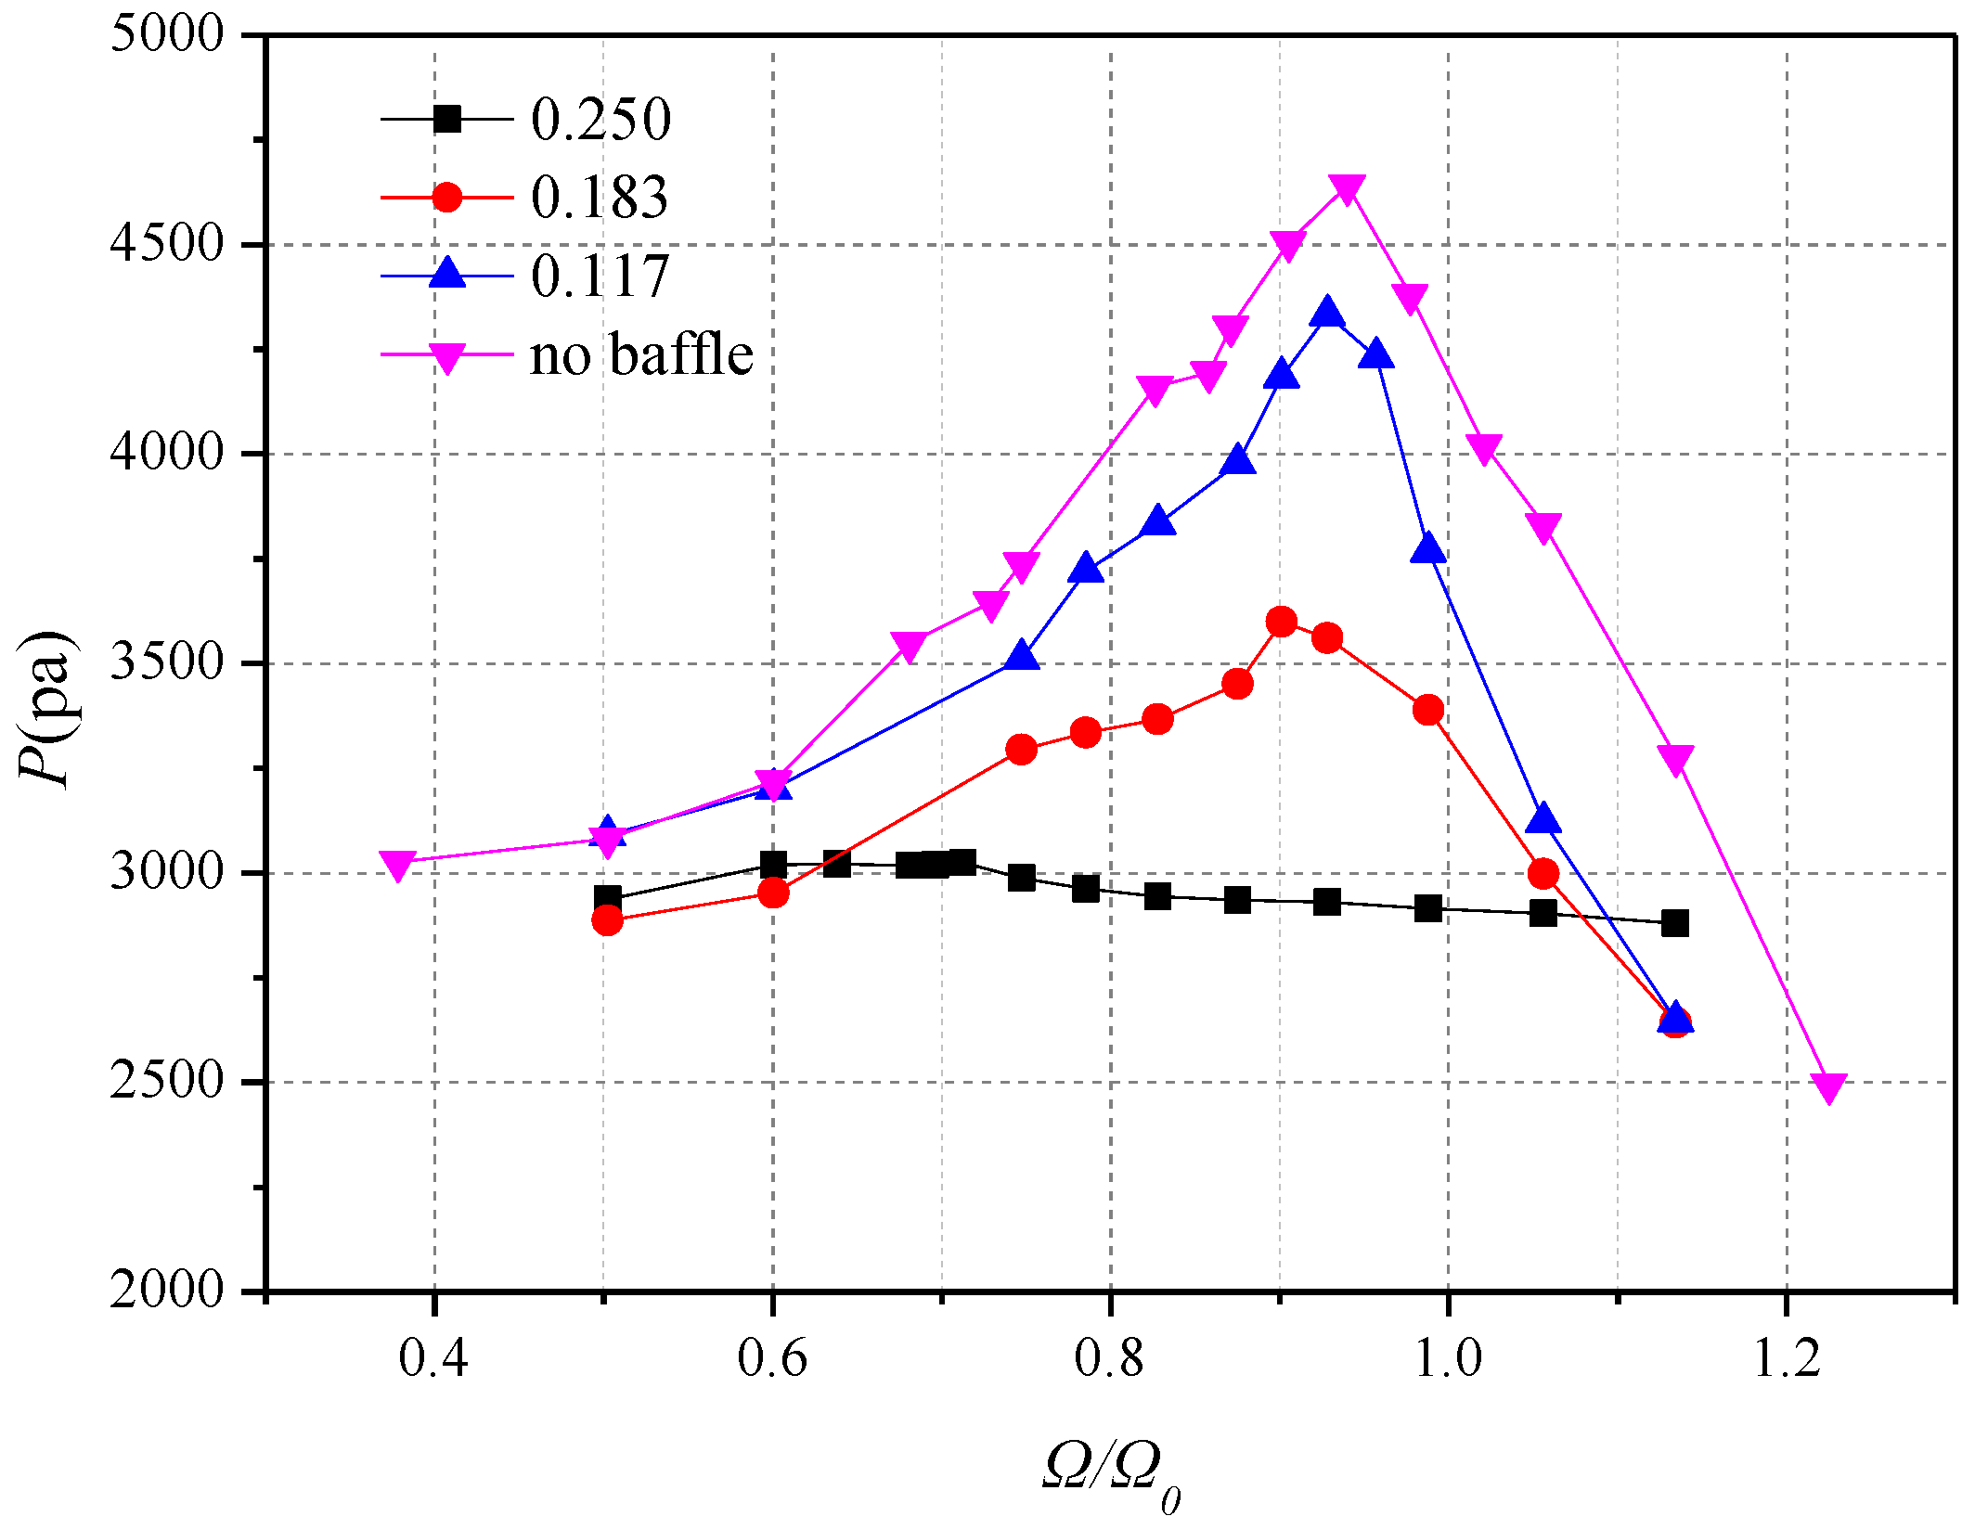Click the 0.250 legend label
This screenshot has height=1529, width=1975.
(600, 120)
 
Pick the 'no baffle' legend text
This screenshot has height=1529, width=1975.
(640, 354)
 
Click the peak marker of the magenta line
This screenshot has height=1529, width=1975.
(1347, 189)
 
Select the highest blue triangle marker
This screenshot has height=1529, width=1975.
(1327, 313)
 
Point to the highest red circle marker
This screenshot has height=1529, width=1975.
(1281, 622)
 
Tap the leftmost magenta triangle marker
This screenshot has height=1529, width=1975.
(397, 866)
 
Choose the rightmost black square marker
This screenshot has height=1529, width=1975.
(1674, 923)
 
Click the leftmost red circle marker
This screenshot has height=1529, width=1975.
(607, 920)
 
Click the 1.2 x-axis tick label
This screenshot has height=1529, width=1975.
(1787, 1357)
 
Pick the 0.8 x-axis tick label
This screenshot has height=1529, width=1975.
(1110, 1357)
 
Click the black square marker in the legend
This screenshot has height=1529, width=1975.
(446, 119)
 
